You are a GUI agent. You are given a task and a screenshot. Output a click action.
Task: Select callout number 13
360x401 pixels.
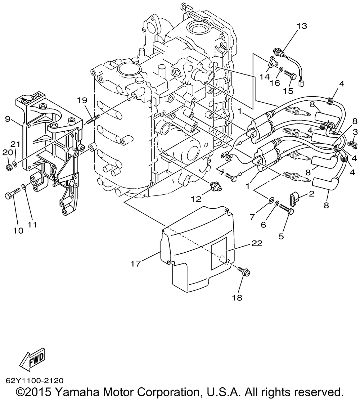pos(302,26)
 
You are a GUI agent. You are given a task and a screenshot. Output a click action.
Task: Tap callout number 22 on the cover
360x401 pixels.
pos(257,243)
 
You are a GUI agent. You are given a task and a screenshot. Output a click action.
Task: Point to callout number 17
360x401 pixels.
pos(136,263)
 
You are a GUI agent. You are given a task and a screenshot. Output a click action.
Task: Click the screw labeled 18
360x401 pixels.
pos(243,271)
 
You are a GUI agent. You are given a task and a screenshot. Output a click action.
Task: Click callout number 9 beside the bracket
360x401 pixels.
pos(7,119)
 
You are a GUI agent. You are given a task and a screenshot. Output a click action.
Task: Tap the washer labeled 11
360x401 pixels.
pos(24,187)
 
